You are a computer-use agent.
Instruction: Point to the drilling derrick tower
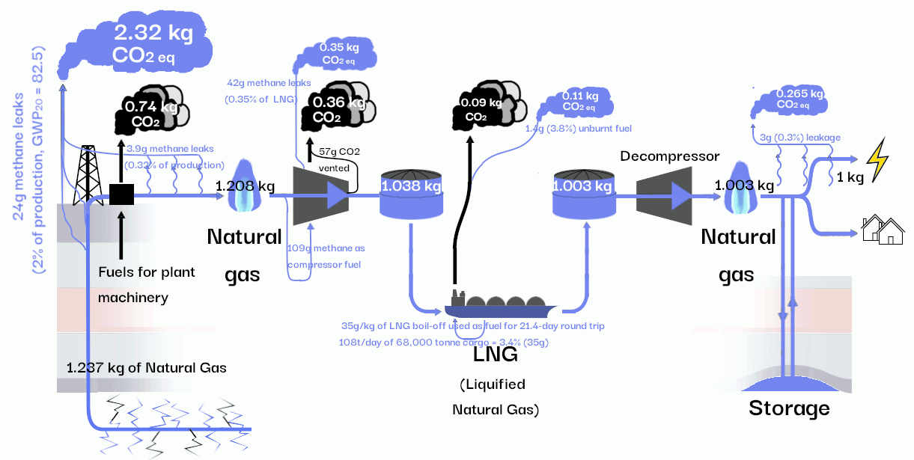pos(87,174)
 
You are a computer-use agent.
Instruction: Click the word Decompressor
pos(669,156)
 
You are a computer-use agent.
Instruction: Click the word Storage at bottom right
pos(789,408)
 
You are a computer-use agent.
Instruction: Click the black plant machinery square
pos(121,194)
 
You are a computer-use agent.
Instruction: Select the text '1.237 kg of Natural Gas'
pos(147,367)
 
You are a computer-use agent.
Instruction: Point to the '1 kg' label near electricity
pos(850,177)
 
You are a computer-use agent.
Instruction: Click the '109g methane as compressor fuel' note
pos(327,256)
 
